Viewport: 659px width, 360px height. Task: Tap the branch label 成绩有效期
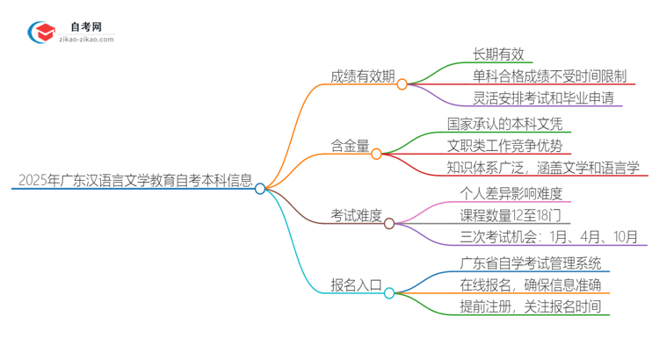tap(355, 76)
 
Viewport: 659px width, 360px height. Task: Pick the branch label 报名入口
tap(355, 284)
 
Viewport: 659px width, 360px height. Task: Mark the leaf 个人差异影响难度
tap(510, 193)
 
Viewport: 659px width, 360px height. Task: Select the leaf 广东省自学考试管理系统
tap(530, 263)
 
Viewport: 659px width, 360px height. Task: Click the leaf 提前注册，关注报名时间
tap(530, 306)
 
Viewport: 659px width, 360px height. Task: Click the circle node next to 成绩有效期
tap(402, 84)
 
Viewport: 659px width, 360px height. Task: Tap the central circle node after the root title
tap(260, 188)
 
